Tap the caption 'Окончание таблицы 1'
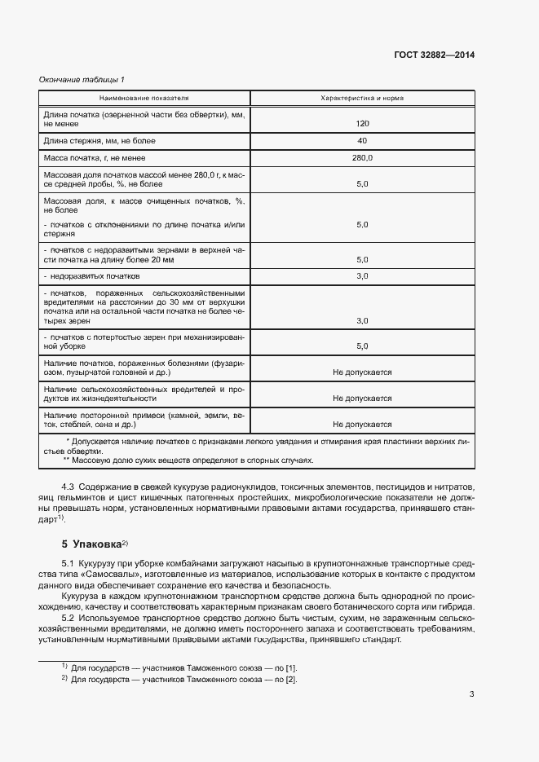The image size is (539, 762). (x=82, y=80)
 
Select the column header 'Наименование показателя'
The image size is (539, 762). (x=144, y=98)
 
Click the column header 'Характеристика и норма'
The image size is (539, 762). (x=362, y=98)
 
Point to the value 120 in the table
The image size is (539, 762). (x=362, y=124)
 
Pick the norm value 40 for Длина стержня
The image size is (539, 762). (x=362, y=140)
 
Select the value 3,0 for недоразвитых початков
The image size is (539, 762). (x=362, y=276)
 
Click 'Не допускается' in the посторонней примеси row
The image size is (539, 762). (x=362, y=425)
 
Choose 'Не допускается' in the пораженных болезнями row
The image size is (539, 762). (x=362, y=372)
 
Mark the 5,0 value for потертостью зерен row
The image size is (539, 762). (x=362, y=346)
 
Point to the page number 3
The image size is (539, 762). (x=472, y=694)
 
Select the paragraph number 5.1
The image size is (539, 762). (x=68, y=565)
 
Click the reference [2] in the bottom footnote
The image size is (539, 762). (x=290, y=680)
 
